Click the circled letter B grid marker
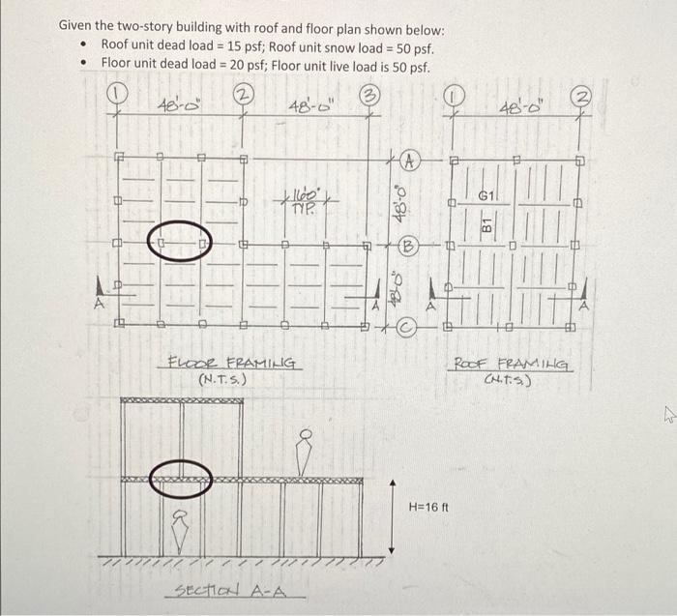[x=409, y=245]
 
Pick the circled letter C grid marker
[x=408, y=328]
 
